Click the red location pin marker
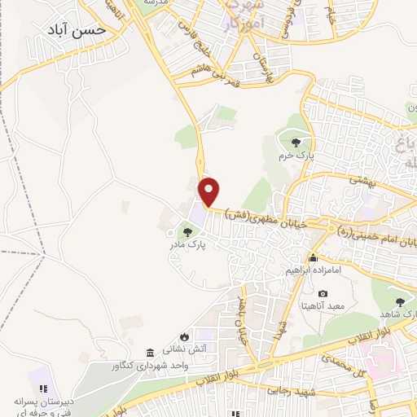tap(210, 191)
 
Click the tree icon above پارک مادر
tap(188, 231)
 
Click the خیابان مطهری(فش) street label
tap(261, 219)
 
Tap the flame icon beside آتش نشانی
tap(186, 336)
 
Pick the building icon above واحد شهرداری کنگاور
tap(150, 352)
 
